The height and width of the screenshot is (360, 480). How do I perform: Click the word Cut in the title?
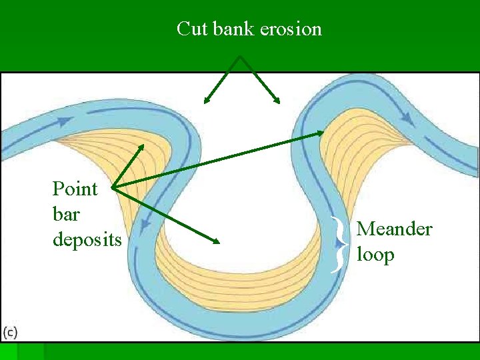pyautogui.click(x=192, y=29)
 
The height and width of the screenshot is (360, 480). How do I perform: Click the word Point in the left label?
pyautogui.click(x=75, y=189)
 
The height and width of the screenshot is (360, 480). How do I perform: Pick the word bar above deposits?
pyautogui.click(x=65, y=214)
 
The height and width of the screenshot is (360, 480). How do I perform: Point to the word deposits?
pyautogui.click(x=87, y=239)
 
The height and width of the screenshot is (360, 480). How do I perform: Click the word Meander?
pyautogui.click(x=395, y=229)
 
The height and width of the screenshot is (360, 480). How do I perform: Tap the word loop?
pyautogui.click(x=375, y=255)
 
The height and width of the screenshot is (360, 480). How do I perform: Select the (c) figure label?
pyautogui.click(x=11, y=331)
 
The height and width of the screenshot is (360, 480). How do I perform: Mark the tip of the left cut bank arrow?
pyautogui.click(x=205, y=103)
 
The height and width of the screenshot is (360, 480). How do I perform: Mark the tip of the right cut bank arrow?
pyautogui.click(x=279, y=103)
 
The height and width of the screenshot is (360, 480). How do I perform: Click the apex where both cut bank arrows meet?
pyautogui.click(x=239, y=57)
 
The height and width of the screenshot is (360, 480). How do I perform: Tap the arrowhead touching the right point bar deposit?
pyautogui.click(x=321, y=133)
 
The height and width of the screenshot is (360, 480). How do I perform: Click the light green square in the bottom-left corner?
pyautogui.click(x=8, y=351)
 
